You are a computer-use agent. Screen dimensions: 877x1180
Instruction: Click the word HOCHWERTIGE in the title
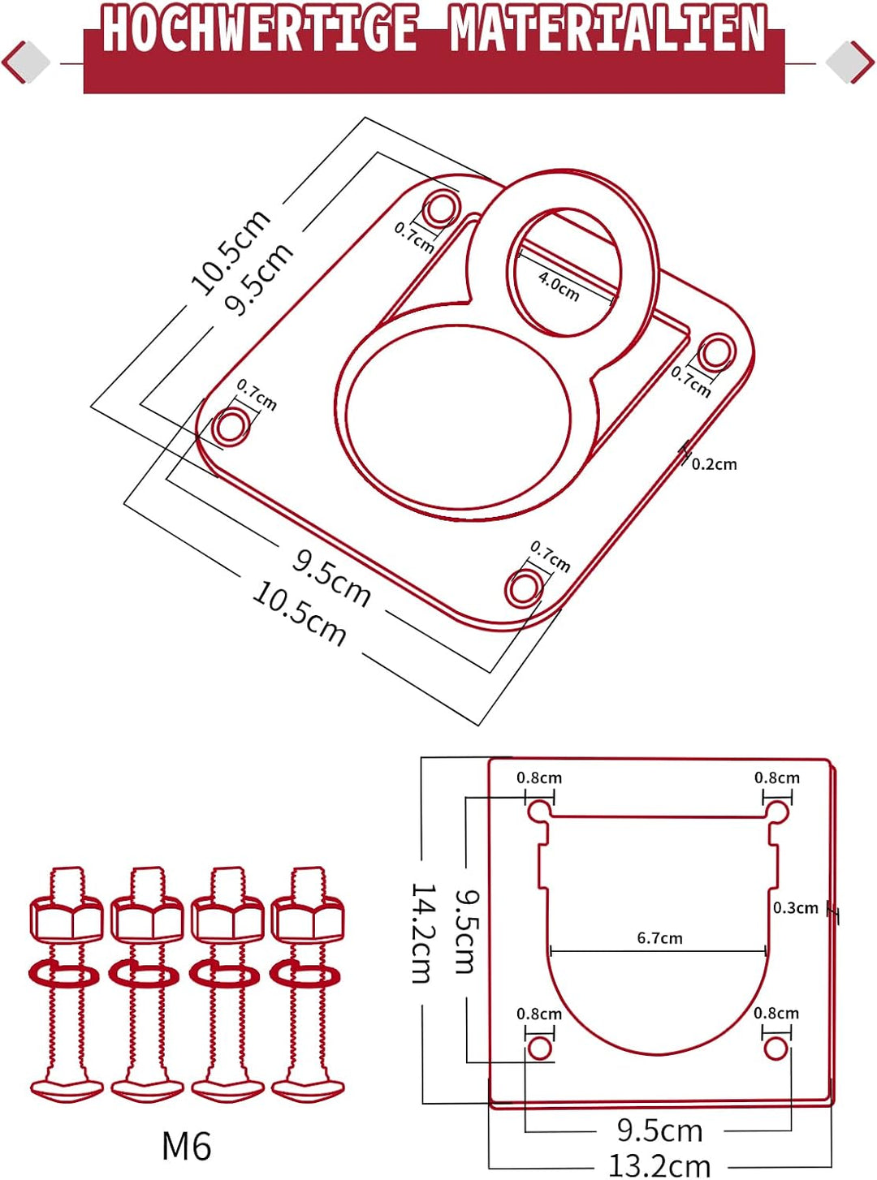tap(259, 30)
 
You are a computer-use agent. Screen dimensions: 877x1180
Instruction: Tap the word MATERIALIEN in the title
tap(608, 30)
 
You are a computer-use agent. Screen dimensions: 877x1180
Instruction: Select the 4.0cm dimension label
tap(559, 286)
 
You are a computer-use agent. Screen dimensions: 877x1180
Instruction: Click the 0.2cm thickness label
tap(714, 464)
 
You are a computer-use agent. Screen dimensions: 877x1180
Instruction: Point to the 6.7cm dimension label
tap(659, 938)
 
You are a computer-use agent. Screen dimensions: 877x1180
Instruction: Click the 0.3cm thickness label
tap(796, 907)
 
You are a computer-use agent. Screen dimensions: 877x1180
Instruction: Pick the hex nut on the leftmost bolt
tap(66, 919)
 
